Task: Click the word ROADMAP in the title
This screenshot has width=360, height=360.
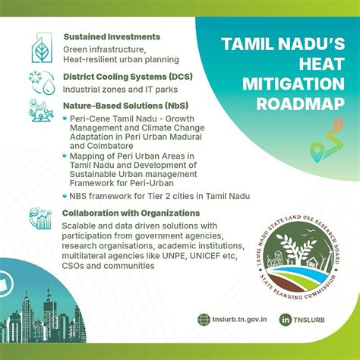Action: pyautogui.click(x=301, y=104)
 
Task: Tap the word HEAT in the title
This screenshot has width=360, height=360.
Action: pyautogui.click(x=322, y=64)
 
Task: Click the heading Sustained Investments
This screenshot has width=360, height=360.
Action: pyautogui.click(x=112, y=36)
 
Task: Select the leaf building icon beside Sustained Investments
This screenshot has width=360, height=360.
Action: pyautogui.click(x=42, y=47)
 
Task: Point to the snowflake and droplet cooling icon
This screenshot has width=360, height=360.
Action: pyautogui.click(x=42, y=82)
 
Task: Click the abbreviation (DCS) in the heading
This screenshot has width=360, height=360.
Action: pyautogui.click(x=181, y=77)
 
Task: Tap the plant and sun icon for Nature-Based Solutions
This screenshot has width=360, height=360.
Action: pyautogui.click(x=41, y=111)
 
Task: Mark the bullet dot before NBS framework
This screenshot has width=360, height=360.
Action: pyautogui.click(x=65, y=196)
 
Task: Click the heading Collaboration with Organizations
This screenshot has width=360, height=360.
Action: pyautogui.click(x=131, y=213)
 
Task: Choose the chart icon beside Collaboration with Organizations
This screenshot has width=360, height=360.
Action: pyautogui.click(x=40, y=218)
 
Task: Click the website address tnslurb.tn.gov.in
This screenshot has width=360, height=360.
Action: pyautogui.click(x=239, y=319)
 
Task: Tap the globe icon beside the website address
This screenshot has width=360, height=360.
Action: pyautogui.click(x=204, y=320)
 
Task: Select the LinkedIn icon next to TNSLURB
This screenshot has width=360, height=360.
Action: pyautogui.click(x=286, y=320)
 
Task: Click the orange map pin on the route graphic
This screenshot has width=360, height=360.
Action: pyautogui.click(x=338, y=125)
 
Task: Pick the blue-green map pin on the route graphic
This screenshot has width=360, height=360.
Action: pyautogui.click(x=317, y=152)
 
